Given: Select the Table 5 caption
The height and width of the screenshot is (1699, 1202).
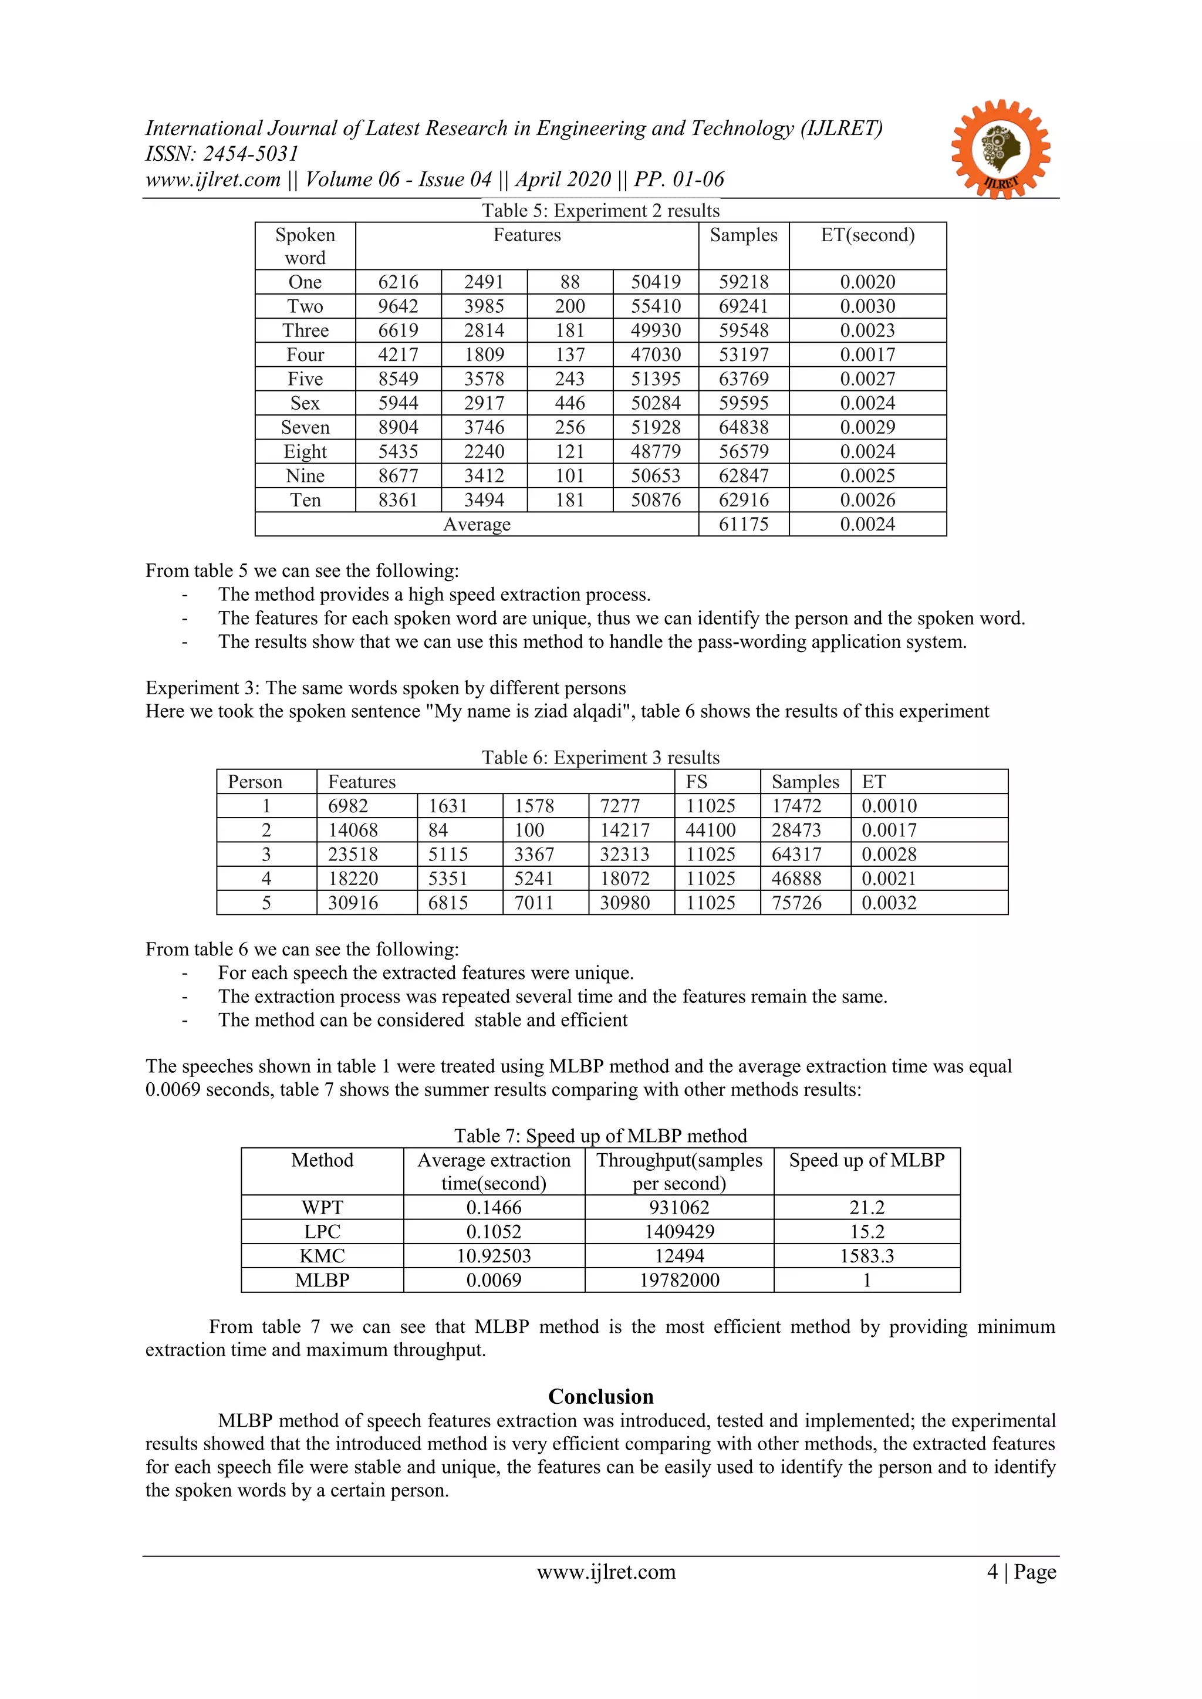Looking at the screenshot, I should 600,211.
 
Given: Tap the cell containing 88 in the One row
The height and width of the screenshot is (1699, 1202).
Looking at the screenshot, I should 569,282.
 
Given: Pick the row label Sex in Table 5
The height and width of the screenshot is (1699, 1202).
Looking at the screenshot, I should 305,403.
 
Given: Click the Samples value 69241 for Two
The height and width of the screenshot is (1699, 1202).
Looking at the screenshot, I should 743,306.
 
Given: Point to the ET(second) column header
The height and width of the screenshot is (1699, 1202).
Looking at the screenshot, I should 867,235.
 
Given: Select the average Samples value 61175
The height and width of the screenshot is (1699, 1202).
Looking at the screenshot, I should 743,525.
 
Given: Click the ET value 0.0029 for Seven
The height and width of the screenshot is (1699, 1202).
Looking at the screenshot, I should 867,428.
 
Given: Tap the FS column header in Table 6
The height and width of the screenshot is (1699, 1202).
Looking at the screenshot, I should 697,782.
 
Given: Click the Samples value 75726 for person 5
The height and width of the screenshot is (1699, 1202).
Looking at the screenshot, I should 796,903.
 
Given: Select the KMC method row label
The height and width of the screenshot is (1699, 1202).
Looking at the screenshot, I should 322,1256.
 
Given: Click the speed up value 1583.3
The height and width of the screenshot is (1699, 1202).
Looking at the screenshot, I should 867,1256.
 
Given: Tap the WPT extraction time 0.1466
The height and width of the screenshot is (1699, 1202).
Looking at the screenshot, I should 494,1208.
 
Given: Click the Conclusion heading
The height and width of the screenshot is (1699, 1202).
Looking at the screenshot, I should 600,1396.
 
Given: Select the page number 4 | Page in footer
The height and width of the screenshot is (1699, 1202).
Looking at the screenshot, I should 1021,1572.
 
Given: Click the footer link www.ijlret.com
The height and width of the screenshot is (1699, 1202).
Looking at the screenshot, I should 606,1572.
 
